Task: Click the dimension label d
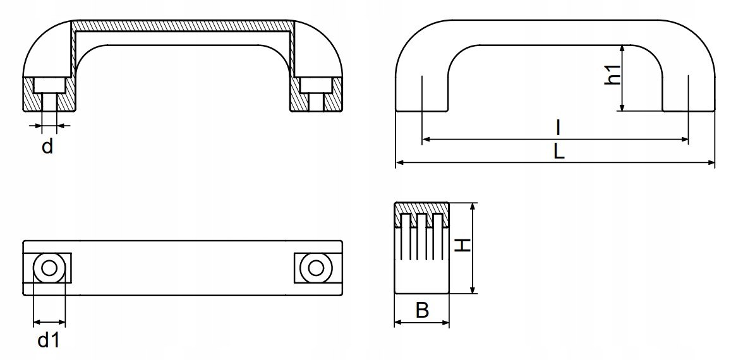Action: [47, 148]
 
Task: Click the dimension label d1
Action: [48, 341]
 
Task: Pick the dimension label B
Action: [422, 310]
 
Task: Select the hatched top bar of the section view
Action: [183, 27]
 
